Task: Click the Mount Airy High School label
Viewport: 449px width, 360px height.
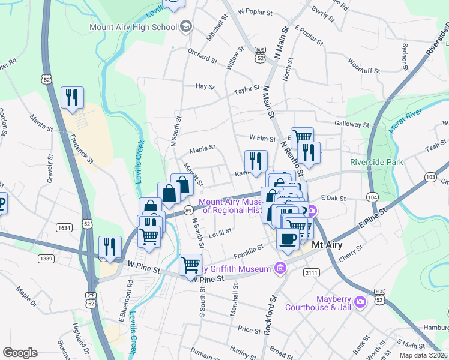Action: [133, 27]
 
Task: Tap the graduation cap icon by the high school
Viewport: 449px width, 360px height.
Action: [185, 26]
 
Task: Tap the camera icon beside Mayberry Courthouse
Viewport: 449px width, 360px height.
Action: [360, 301]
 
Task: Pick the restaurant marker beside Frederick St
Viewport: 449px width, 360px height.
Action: [72, 97]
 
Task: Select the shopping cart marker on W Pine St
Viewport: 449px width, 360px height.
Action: [190, 264]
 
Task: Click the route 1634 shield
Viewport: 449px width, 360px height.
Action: [65, 228]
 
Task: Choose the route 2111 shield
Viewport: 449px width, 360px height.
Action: [311, 273]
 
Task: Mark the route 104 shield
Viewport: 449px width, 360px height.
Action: [372, 197]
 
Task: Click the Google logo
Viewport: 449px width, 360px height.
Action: [20, 353]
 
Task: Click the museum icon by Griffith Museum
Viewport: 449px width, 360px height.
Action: [279, 268]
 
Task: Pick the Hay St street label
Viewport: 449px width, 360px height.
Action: [205, 86]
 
